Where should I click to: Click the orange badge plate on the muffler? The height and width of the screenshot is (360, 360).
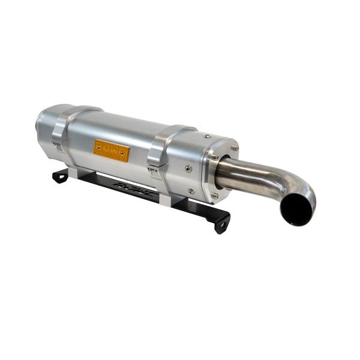pyautogui.click(x=112, y=151)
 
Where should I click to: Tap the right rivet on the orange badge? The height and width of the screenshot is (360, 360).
pyautogui.click(x=124, y=157)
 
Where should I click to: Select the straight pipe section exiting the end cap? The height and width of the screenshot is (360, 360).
pyautogui.click(x=243, y=172)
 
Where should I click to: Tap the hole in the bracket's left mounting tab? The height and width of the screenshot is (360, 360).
pyautogui.click(x=60, y=176)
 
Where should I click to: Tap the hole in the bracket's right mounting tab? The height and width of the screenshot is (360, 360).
pyautogui.click(x=221, y=227)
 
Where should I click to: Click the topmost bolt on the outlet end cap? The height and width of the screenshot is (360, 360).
pyautogui.click(x=234, y=148)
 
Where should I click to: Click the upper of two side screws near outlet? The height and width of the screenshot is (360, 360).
pyautogui.click(x=187, y=169)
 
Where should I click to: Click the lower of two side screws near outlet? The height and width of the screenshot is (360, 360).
pyautogui.click(x=191, y=191)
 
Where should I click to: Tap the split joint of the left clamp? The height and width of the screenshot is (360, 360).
pyautogui.click(x=58, y=143)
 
